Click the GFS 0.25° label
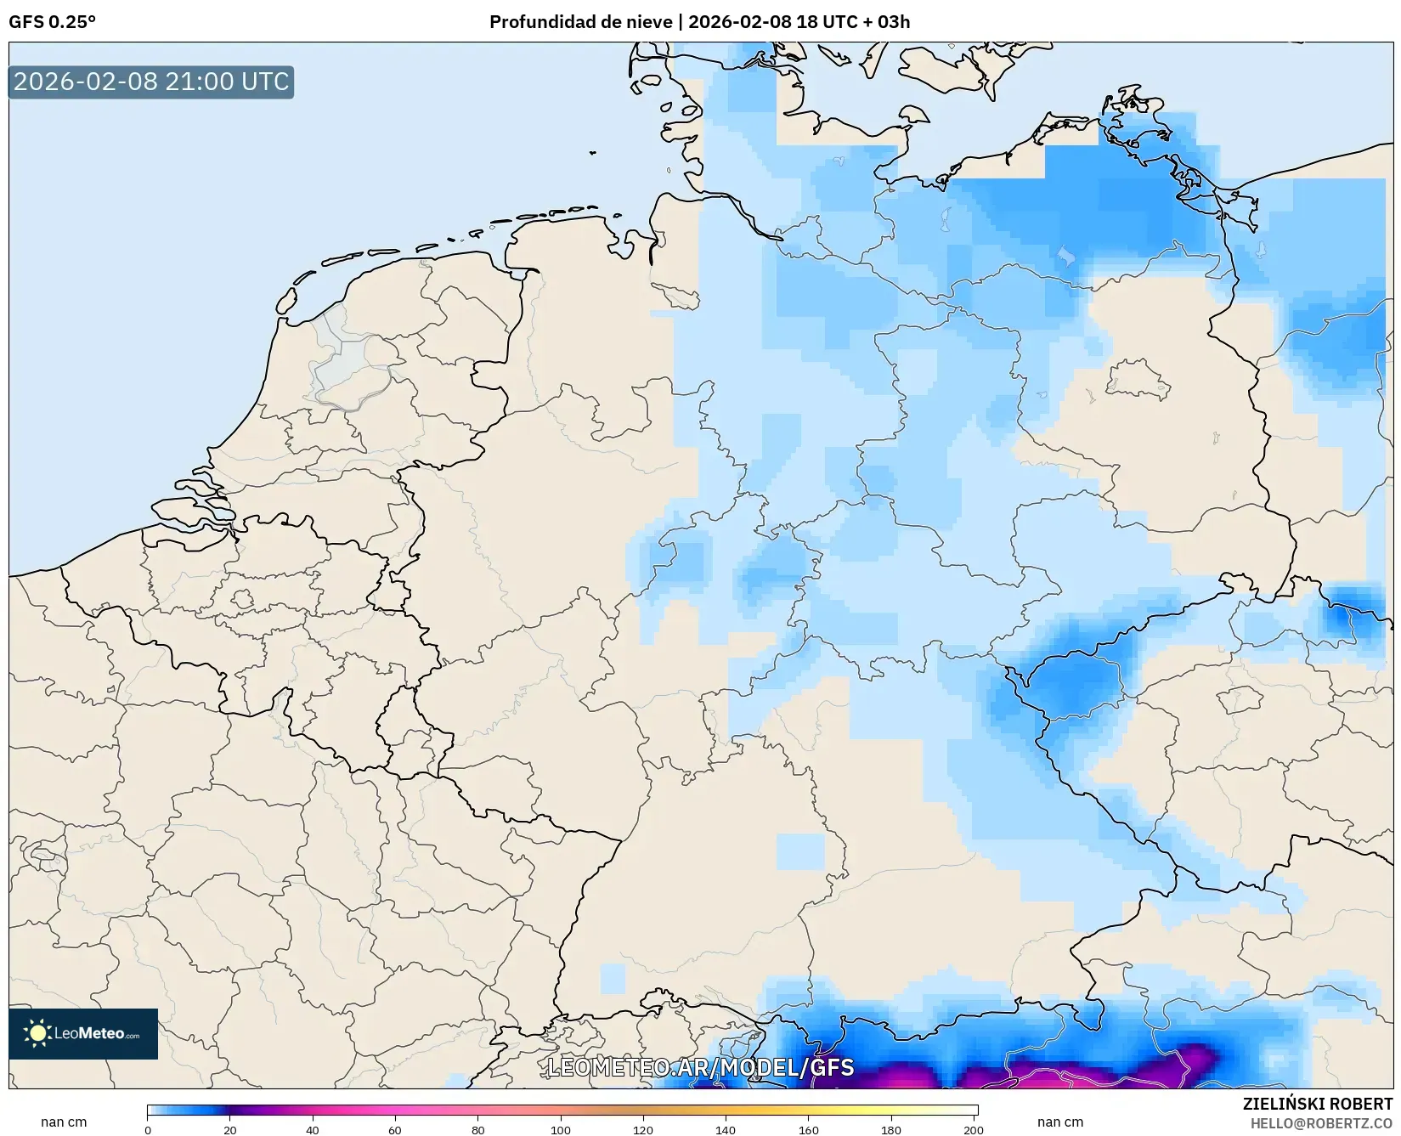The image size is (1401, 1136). point(52,22)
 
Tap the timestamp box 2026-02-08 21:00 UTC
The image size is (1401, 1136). point(151,82)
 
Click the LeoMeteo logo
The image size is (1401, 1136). point(83,1034)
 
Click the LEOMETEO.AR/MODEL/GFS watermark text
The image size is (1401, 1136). point(700,1068)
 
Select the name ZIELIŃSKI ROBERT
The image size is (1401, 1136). point(1317,1105)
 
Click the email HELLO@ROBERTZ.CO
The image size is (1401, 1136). point(1321,1123)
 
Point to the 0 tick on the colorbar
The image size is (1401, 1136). point(148,1130)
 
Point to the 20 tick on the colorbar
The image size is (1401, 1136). point(230,1130)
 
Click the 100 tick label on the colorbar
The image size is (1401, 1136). point(560,1130)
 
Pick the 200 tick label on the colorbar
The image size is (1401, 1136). point(973,1130)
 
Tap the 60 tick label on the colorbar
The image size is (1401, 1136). point(395,1130)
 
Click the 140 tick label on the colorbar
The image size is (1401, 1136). point(725,1130)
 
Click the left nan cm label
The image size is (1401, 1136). point(64,1122)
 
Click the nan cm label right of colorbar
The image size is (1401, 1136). point(1059,1122)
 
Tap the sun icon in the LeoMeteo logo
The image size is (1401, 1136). point(37,1033)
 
